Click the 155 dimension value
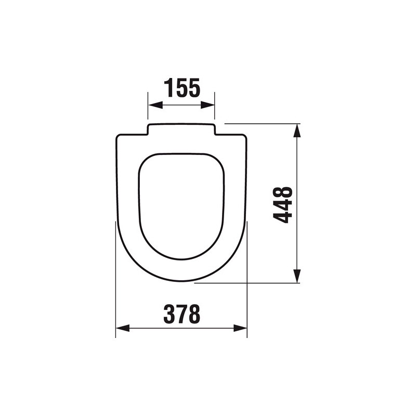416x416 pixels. [182, 88]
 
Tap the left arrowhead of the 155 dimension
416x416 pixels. [152, 105]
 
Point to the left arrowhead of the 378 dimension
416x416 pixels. [120, 328]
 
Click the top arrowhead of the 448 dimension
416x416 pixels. [297, 128]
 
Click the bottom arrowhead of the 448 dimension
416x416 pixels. [297, 279]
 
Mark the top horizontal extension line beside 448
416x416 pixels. [260, 124]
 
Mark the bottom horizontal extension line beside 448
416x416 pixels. [250, 284]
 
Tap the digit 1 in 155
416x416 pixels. [168, 88]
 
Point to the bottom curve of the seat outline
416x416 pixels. [181, 281]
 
